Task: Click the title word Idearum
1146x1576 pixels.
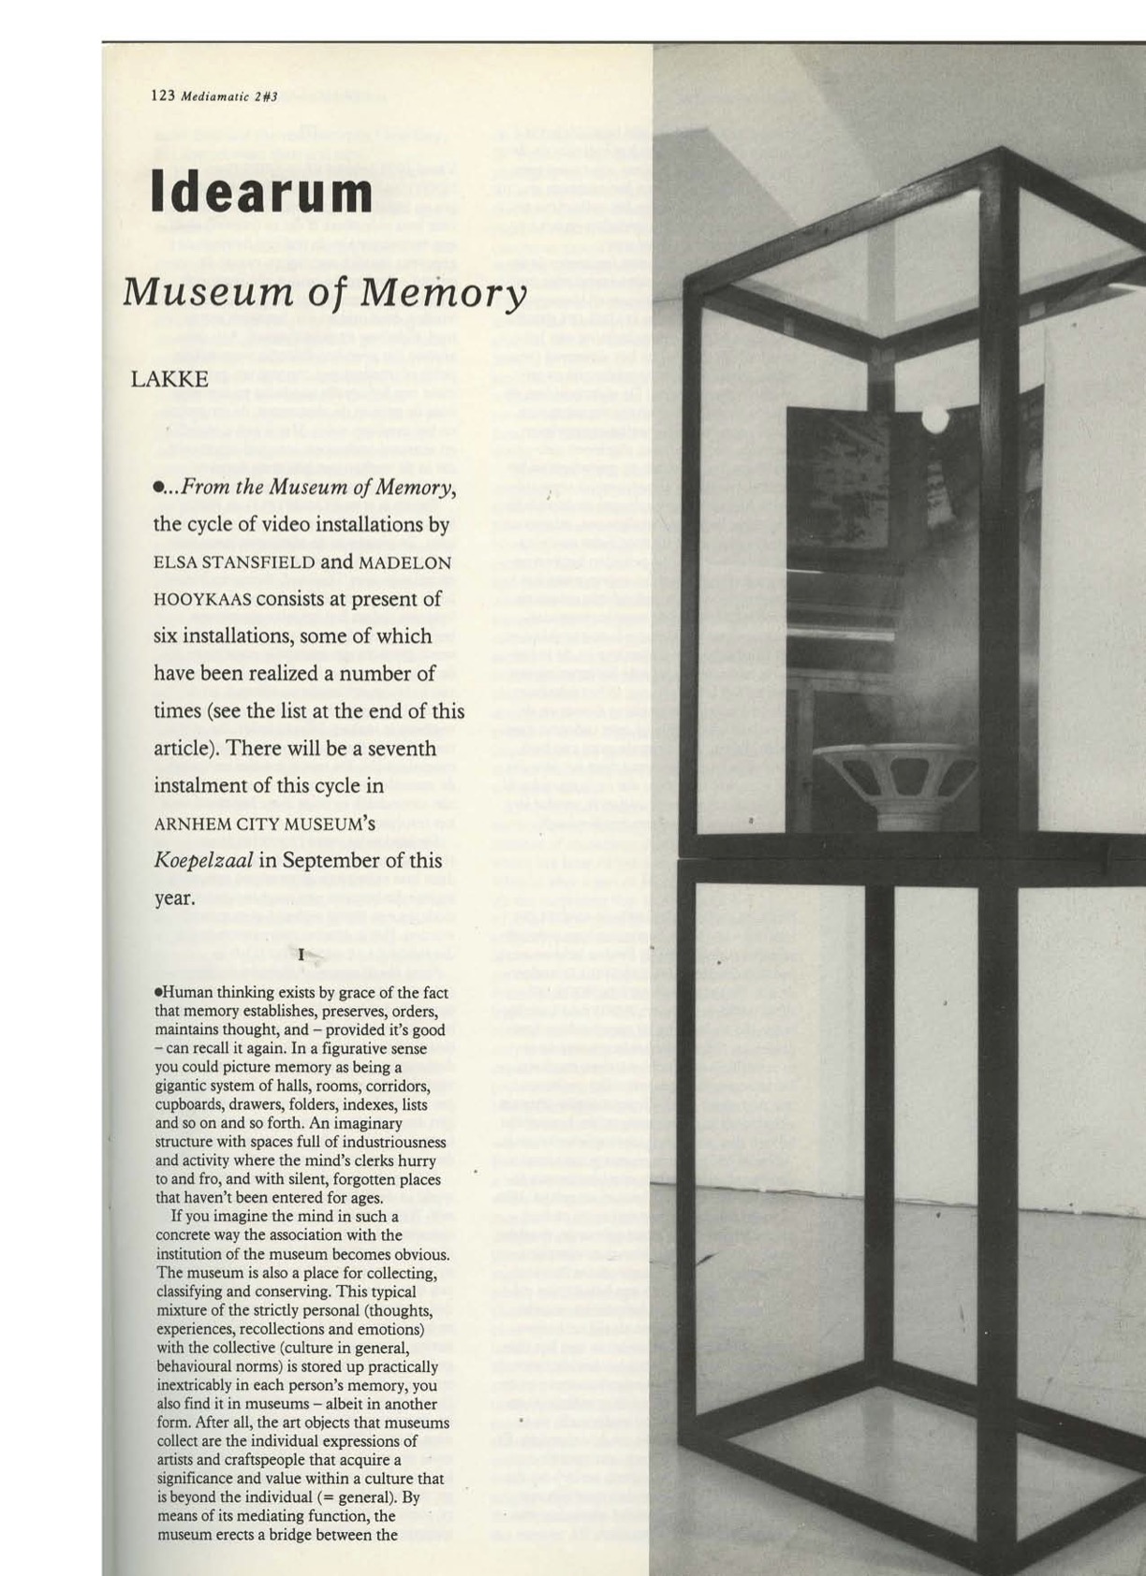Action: pos(261,193)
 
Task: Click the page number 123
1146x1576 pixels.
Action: pos(163,95)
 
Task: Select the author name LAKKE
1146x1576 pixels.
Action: pos(169,379)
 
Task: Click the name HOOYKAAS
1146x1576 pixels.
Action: pos(202,600)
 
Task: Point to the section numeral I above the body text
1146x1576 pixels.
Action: pos(301,955)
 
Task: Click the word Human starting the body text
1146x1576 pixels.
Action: pos(188,993)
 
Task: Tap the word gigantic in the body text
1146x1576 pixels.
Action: pos(183,1086)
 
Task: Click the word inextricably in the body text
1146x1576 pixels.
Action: pos(195,1385)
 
